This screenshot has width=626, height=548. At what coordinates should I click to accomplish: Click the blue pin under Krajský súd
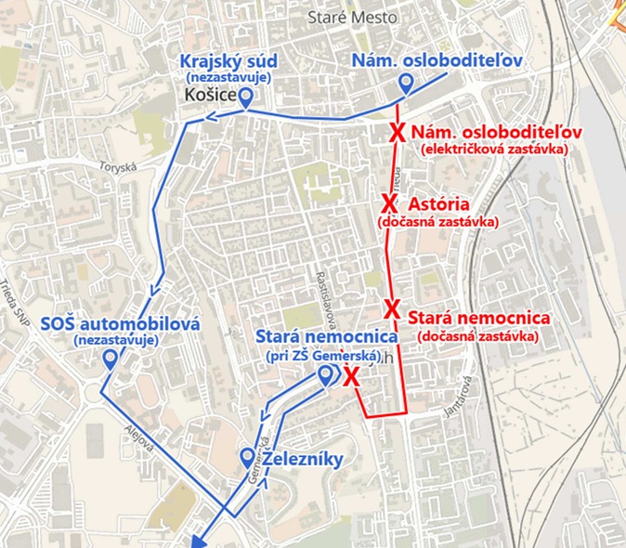(x=246, y=98)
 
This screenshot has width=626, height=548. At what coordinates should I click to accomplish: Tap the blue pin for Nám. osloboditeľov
(x=406, y=85)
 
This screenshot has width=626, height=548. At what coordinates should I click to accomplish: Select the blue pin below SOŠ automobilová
(x=111, y=359)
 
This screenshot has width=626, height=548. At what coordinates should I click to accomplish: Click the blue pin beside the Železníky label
(x=247, y=457)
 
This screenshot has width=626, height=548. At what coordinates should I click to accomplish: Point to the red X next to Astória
(x=389, y=203)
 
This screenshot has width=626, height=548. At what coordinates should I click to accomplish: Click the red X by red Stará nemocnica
(x=392, y=308)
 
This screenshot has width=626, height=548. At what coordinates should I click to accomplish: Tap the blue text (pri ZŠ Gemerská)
(x=320, y=353)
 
